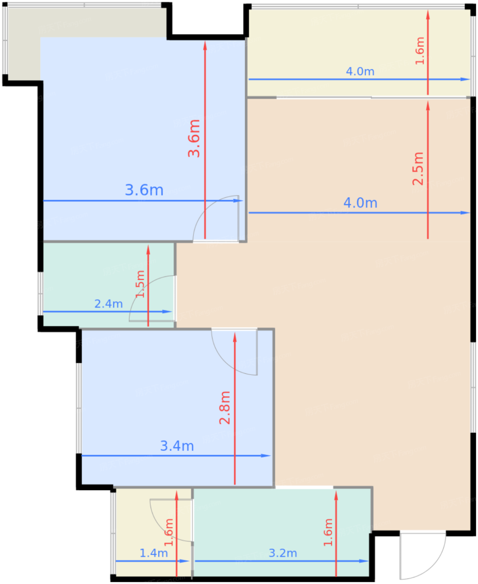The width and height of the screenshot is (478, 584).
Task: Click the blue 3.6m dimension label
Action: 144,190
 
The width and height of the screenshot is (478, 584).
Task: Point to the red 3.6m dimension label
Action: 194,138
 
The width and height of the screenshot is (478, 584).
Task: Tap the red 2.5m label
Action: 418,169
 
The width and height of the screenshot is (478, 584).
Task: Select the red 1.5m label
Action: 140,284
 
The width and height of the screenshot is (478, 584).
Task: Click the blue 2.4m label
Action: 108,304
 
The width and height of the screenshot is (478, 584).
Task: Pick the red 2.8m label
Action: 224,408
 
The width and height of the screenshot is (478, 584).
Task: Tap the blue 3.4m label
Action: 177,446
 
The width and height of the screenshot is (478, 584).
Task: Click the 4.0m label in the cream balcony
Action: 360,71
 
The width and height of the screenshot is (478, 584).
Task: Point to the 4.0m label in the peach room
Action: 360,203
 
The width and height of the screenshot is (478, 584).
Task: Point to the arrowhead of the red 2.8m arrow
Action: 235,337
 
